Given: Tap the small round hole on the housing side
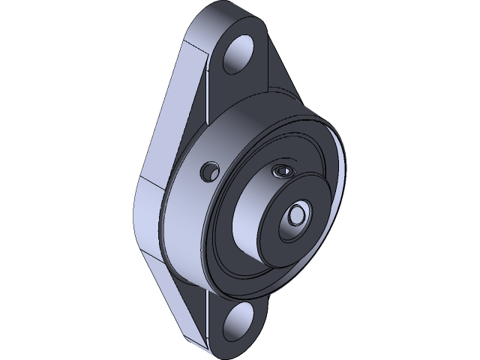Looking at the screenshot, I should (x=207, y=172).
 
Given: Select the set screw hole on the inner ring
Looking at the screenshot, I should (x=281, y=171).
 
